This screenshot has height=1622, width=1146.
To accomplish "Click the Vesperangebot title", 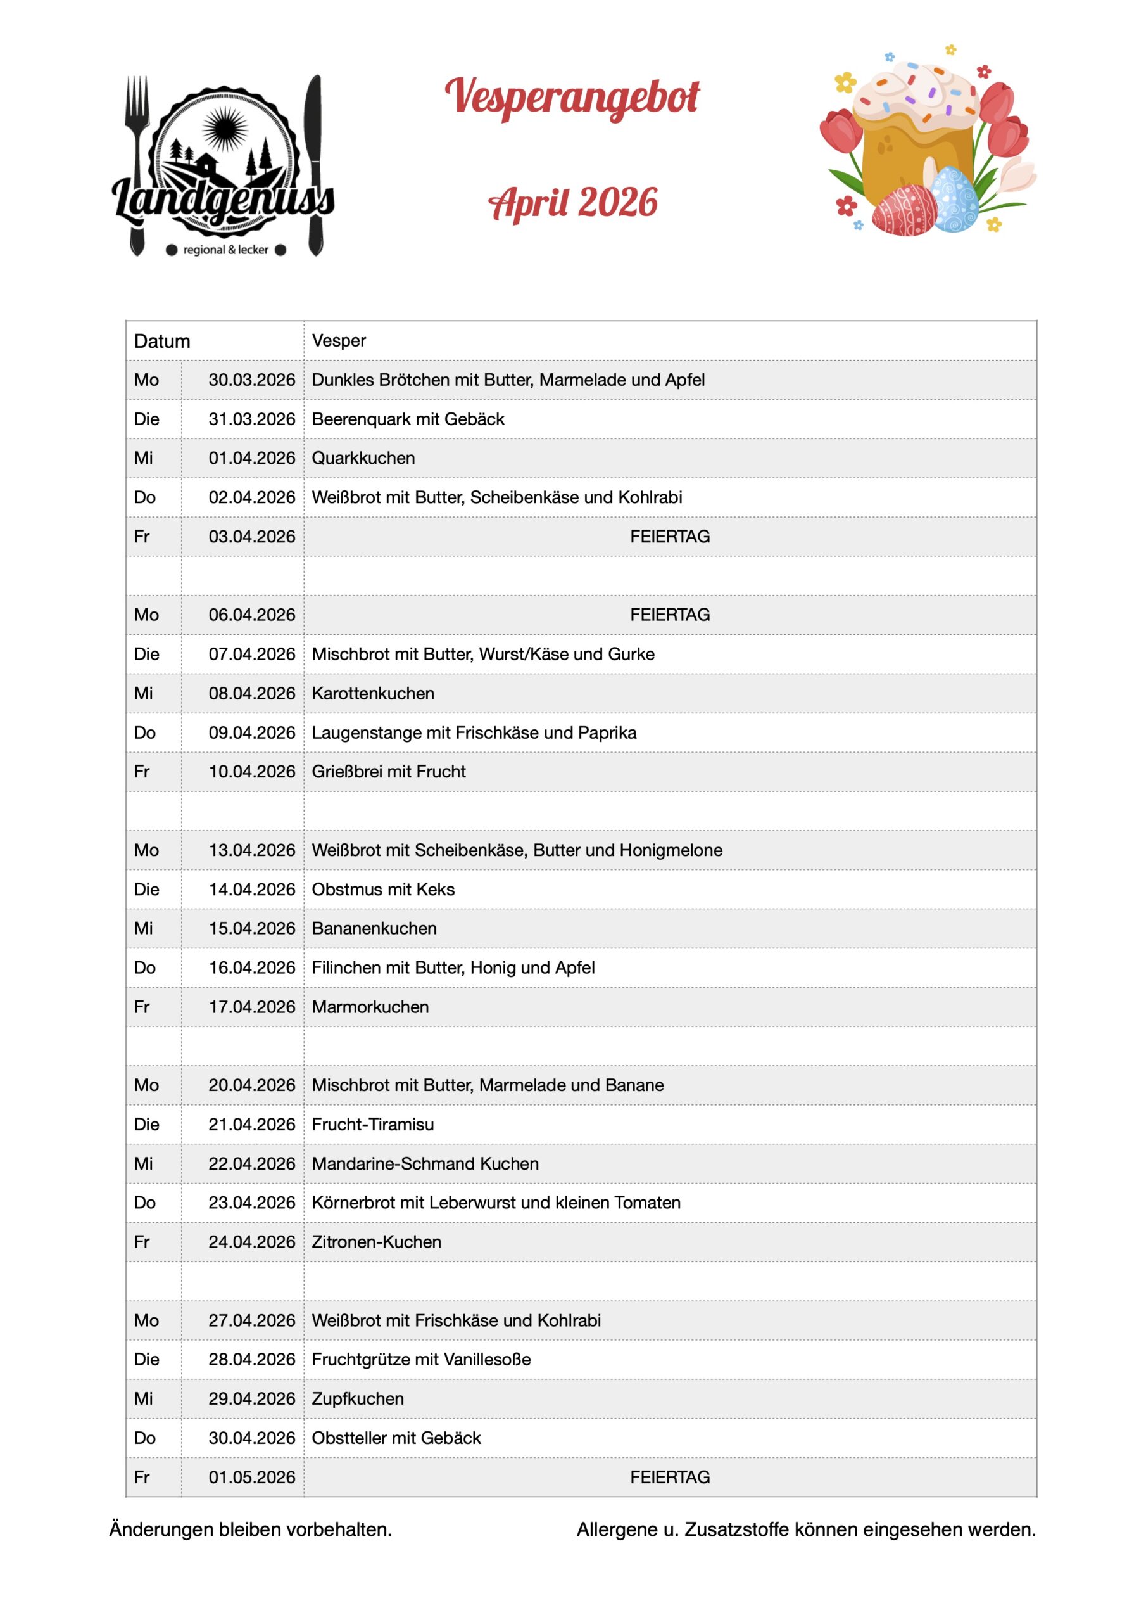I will click(572, 97).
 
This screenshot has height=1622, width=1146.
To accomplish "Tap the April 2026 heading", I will click(572, 203).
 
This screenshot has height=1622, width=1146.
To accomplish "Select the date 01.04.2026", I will click(251, 458).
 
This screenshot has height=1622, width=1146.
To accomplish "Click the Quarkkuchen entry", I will click(363, 458).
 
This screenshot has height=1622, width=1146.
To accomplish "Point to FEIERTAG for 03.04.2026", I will click(669, 536).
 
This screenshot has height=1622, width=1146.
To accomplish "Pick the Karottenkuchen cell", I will click(373, 693).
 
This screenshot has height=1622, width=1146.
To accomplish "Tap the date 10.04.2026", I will click(251, 772).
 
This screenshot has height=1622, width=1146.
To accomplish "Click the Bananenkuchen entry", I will click(374, 928).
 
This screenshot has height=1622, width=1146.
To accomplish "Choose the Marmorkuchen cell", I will click(370, 1007).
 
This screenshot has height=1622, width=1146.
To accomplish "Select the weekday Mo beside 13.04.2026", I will click(146, 850).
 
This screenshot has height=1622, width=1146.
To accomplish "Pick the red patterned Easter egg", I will click(905, 210).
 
